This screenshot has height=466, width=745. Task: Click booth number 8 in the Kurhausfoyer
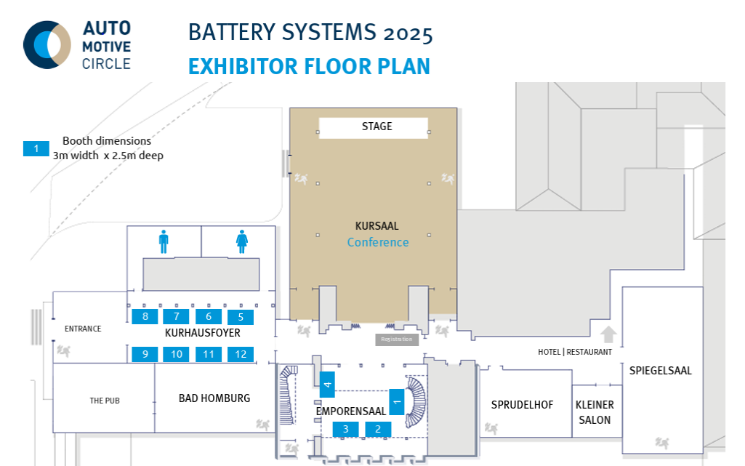click(145, 316)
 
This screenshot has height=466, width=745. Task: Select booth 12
click(241, 354)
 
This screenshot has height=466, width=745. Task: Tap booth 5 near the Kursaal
click(241, 316)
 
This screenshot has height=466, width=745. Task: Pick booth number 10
click(177, 354)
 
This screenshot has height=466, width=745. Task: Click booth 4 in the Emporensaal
click(327, 384)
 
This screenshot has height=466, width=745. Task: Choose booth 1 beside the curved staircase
click(397, 401)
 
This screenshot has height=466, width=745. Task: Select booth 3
click(346, 429)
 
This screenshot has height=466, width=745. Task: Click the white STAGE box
click(374, 127)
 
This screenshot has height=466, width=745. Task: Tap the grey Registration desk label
click(397, 340)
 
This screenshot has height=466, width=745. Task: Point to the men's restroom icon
click(164, 241)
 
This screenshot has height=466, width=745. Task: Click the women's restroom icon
click(242, 241)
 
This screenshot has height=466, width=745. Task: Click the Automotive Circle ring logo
click(47, 44)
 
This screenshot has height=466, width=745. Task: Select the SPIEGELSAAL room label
click(661, 371)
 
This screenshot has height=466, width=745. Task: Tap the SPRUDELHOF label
click(524, 405)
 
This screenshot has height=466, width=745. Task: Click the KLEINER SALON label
click(595, 412)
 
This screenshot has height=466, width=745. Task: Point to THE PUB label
click(104, 401)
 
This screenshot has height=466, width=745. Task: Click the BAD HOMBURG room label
click(214, 398)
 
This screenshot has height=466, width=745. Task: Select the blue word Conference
click(378, 242)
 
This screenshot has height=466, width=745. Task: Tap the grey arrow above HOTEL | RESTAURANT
click(609, 334)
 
